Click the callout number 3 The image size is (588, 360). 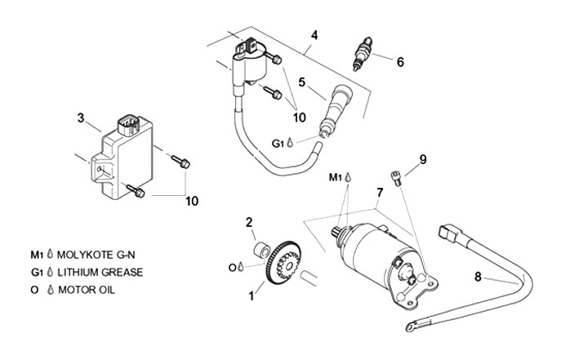click(81, 118)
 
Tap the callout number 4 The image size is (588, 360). click(314, 35)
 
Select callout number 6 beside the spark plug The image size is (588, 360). click(400, 61)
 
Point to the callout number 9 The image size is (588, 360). click(423, 160)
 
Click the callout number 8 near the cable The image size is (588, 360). click(477, 277)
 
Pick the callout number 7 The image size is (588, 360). click(379, 193)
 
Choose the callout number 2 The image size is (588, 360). click(250, 221)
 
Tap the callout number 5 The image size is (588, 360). click(301, 82)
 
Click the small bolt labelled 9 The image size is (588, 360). click(395, 176)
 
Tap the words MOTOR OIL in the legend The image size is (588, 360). click(91, 289)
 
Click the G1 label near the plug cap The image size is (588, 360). click(278, 143)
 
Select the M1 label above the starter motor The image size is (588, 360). click(336, 176)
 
